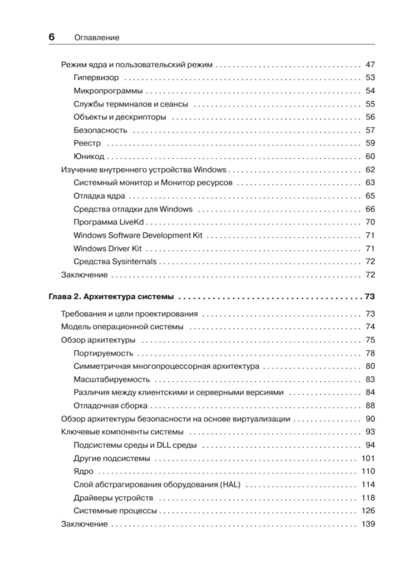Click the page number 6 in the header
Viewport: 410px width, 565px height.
click(52, 37)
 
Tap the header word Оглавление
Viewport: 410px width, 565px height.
click(96, 38)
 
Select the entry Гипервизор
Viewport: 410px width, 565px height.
click(96, 78)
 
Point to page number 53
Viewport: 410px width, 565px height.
click(370, 78)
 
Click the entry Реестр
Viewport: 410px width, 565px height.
click(87, 143)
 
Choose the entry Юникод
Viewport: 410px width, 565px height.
click(89, 156)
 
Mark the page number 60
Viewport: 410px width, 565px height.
click(370, 156)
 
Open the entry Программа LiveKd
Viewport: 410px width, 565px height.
click(109, 222)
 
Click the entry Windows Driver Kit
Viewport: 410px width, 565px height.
click(107, 249)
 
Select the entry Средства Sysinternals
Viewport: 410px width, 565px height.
click(115, 262)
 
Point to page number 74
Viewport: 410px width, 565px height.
click(370, 327)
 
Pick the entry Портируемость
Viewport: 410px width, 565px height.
click(103, 354)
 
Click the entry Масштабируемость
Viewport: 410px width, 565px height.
click(111, 380)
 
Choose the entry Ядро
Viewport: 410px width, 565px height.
click(83, 471)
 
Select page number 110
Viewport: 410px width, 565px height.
click(368, 471)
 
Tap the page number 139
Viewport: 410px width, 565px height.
click(368, 524)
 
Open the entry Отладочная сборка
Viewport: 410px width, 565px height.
click(111, 406)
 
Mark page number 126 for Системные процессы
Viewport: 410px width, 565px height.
click(368, 511)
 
